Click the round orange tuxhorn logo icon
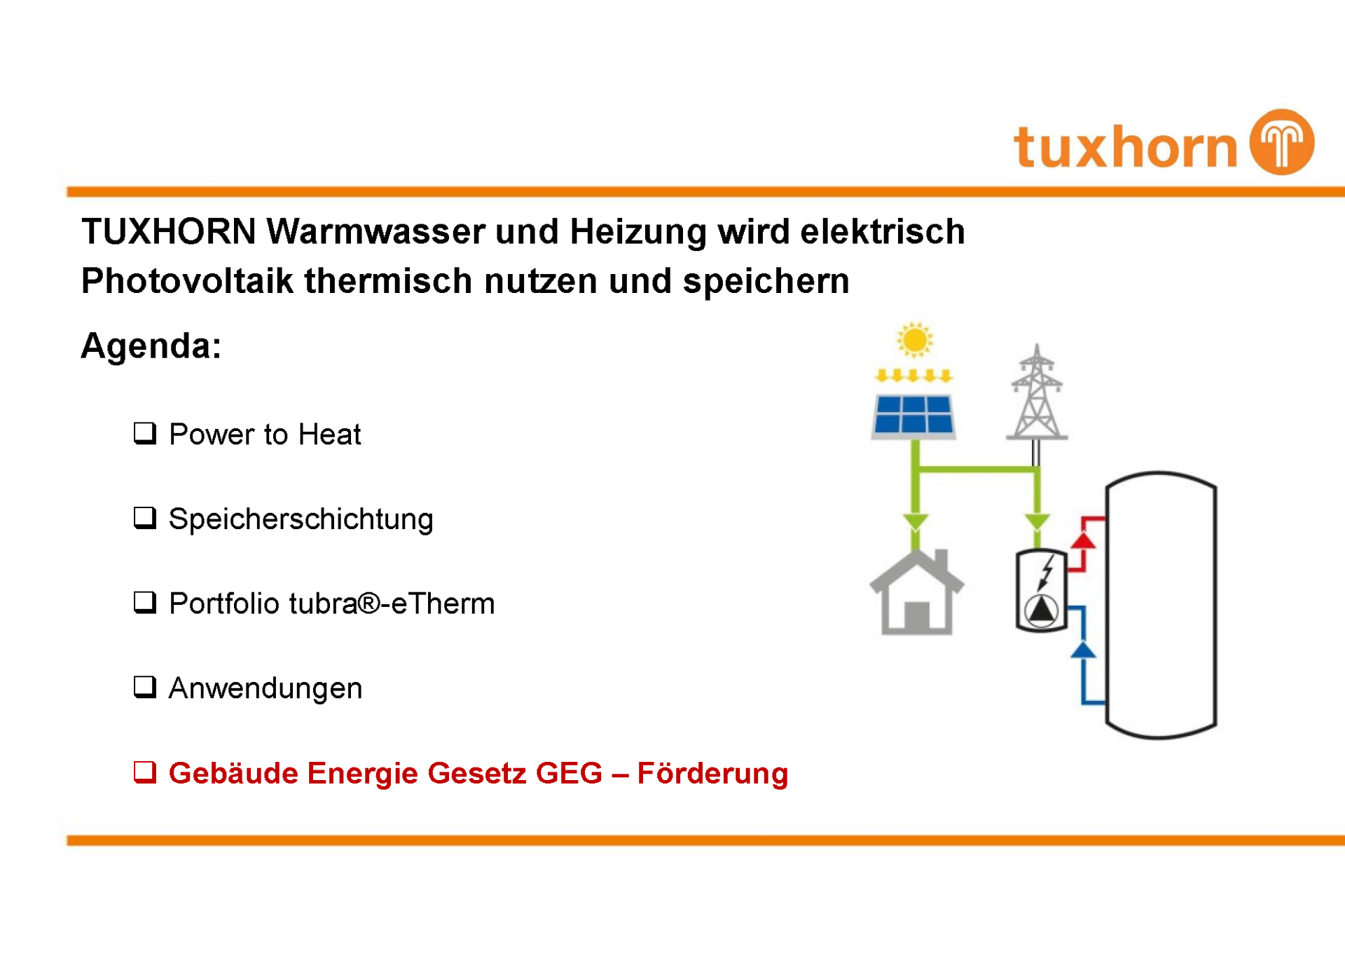[x=1282, y=142]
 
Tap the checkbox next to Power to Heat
[x=145, y=433]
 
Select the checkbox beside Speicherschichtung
[x=145, y=518]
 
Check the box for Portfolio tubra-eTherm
[x=145, y=603]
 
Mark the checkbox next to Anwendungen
[x=145, y=688]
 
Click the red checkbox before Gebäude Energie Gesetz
[x=145, y=772]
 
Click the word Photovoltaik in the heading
[x=187, y=281]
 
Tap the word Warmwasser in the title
[x=376, y=231]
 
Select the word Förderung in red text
[x=712, y=773]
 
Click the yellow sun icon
[x=914, y=341]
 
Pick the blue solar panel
[x=913, y=416]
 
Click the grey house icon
[x=916, y=592]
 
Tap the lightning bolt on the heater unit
[x=1046, y=571]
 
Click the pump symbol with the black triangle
[x=1042, y=610]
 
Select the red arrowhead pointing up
[x=1083, y=540]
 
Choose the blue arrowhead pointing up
[x=1083, y=650]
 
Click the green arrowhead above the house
[x=915, y=522]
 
